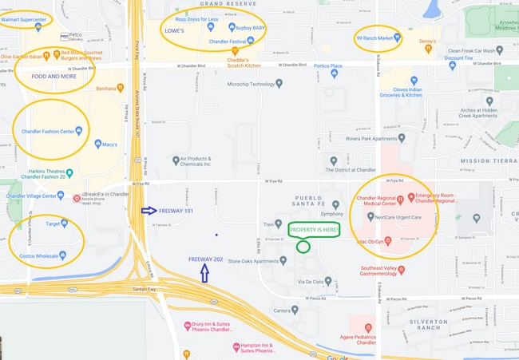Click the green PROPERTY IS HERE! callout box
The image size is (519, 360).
pyautogui.click(x=314, y=230)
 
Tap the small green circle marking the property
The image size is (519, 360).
pyautogui.click(x=303, y=247)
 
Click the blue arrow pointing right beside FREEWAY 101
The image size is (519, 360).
pyautogui.click(x=149, y=211)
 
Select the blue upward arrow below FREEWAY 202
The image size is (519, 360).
pyautogui.click(x=205, y=274)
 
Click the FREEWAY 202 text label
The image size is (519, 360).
pyautogui.click(x=207, y=259)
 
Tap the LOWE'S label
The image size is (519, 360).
pyautogui.click(x=175, y=30)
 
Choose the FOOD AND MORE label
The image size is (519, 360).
pyautogui.click(x=55, y=76)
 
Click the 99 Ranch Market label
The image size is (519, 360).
pyautogui.click(x=374, y=38)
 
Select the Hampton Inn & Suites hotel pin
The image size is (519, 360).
pyautogui.click(x=236, y=346)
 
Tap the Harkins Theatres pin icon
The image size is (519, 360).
pyautogui.click(x=70, y=172)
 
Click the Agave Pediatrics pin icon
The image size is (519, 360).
pyautogui.click(x=366, y=327)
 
